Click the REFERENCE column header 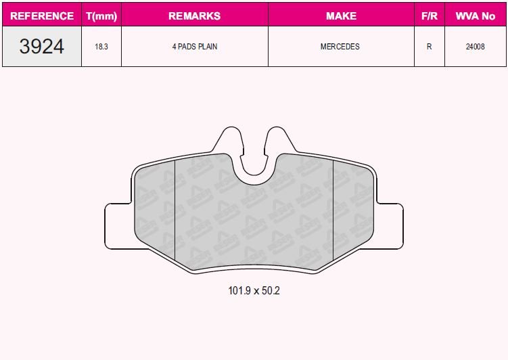[42, 16]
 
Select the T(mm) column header [101, 16]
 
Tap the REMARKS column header [194, 16]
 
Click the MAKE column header [341, 16]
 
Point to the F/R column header [429, 16]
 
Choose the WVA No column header [476, 16]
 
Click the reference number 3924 [42, 47]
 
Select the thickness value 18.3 [101, 47]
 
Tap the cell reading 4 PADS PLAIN [194, 47]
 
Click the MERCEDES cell [340, 47]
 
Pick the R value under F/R [429, 47]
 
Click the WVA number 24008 [476, 47]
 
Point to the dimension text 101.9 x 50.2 [254, 291]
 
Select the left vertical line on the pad [175, 210]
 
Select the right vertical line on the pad [334, 210]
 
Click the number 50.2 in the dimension [269, 291]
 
